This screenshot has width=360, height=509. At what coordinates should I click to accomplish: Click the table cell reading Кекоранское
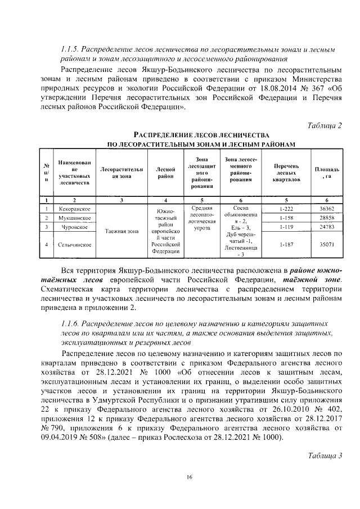click(75, 209)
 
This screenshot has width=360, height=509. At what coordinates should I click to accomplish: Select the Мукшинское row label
click(75, 217)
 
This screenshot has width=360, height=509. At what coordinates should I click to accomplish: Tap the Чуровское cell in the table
click(75, 227)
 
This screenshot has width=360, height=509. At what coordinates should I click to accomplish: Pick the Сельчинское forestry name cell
click(75, 245)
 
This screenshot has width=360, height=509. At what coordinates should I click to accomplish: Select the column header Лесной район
click(165, 173)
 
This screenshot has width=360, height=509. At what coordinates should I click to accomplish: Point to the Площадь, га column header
click(326, 172)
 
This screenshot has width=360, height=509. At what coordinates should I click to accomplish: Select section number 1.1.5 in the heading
click(71, 49)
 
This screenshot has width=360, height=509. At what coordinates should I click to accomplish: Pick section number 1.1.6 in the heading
click(71, 325)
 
